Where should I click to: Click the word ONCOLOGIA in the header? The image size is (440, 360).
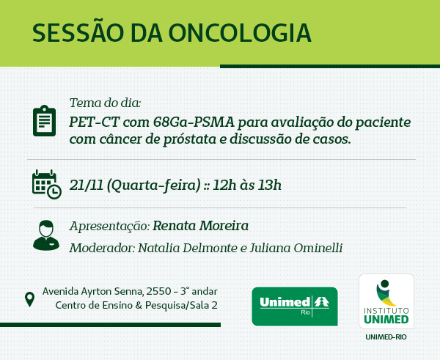(x=240, y=33)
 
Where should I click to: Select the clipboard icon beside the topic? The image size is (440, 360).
(x=44, y=121)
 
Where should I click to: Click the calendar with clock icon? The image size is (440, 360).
(x=47, y=184)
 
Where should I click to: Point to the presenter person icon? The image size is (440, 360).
(x=46, y=235)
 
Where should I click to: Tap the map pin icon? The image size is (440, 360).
(x=30, y=299)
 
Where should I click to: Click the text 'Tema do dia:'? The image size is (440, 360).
(x=105, y=103)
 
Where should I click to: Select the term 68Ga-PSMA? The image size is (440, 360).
(x=194, y=122)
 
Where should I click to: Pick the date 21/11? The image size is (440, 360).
(x=87, y=185)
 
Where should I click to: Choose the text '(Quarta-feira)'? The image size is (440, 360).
(x=154, y=185)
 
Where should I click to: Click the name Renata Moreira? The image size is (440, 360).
(x=201, y=226)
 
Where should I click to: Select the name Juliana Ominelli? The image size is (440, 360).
(x=296, y=248)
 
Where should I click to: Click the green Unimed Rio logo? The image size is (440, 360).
(x=295, y=306)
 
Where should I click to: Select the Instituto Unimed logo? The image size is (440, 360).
(x=386, y=301)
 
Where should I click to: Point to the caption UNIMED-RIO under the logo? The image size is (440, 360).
(x=386, y=337)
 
